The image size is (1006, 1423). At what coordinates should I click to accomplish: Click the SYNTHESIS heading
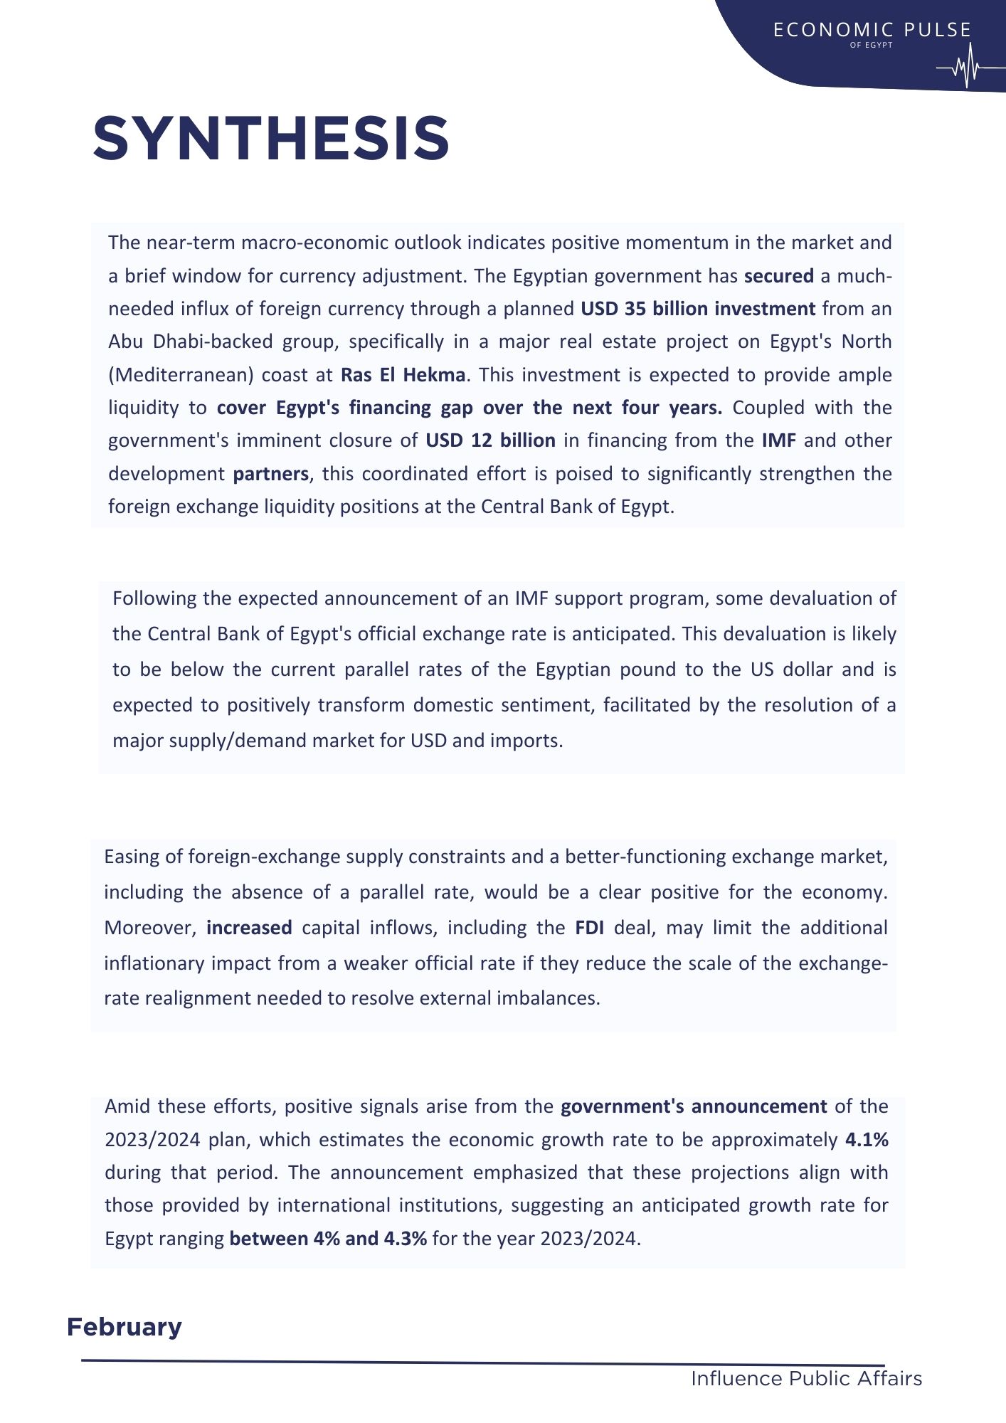pyautogui.click(x=271, y=138)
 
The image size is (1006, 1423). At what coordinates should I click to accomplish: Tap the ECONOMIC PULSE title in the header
pyautogui.click(x=872, y=30)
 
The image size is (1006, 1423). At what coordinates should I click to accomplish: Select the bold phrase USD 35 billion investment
pyautogui.click(x=698, y=309)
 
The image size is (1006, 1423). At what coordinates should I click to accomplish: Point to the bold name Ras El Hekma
pyautogui.click(x=403, y=375)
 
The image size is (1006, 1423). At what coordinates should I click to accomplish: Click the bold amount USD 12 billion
pyautogui.click(x=490, y=440)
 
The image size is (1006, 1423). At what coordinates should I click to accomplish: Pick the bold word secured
pyautogui.click(x=778, y=276)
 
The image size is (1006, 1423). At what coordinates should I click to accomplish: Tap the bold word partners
pyautogui.click(x=271, y=474)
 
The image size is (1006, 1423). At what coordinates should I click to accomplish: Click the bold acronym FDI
pyautogui.click(x=590, y=928)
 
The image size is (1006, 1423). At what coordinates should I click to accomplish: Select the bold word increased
pyautogui.click(x=249, y=928)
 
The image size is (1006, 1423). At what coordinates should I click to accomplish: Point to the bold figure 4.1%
pyautogui.click(x=867, y=1140)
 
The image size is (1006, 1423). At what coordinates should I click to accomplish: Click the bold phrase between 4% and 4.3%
pyautogui.click(x=328, y=1239)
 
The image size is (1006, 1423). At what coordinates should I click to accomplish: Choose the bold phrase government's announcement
pyautogui.click(x=694, y=1106)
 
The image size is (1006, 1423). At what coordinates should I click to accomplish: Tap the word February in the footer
pyautogui.click(x=125, y=1327)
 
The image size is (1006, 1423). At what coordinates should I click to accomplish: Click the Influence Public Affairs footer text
pyautogui.click(x=806, y=1379)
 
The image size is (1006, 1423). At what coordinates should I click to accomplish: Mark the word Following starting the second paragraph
pyautogui.click(x=154, y=598)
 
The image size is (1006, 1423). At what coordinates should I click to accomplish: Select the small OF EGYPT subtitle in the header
pyautogui.click(x=871, y=45)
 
